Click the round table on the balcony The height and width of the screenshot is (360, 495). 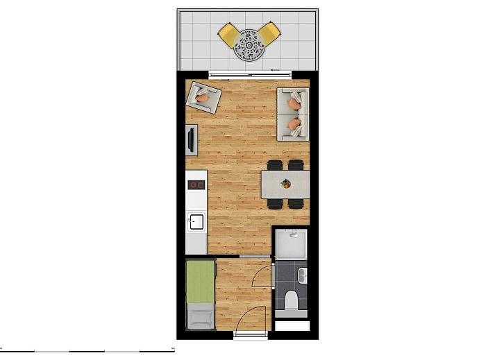click(250, 46)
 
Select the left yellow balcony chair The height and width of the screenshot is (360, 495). click(229, 34)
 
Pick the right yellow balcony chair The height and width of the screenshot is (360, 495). click(270, 33)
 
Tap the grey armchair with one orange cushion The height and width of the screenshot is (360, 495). click(203, 97)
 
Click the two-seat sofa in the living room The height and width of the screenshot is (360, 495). click(293, 114)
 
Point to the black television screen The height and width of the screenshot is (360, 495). click(190, 139)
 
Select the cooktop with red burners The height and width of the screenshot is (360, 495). click(196, 185)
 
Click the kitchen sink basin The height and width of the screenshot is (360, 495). click(196, 222)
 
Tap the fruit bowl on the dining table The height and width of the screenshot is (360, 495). click(285, 184)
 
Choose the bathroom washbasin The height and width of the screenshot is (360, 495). click(302, 277)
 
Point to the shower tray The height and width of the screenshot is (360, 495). click(290, 246)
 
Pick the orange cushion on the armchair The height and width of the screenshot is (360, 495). click(202, 98)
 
